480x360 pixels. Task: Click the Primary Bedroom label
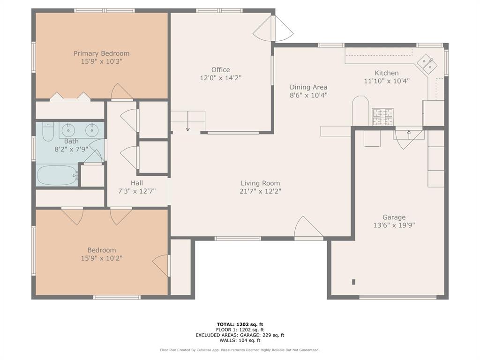pyautogui.click(x=101, y=53)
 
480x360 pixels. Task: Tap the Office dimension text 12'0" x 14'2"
pyautogui.click(x=220, y=78)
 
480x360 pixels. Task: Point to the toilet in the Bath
pyautogui.click(x=48, y=132)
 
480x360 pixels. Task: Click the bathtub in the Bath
pyautogui.click(x=57, y=175)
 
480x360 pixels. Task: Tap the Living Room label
pyautogui.click(x=260, y=183)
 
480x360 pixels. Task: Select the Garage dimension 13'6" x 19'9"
pyautogui.click(x=393, y=225)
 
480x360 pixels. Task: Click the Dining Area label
pyautogui.click(x=308, y=87)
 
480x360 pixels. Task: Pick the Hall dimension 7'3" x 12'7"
pyautogui.click(x=137, y=191)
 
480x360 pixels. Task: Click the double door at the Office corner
pyautogui.click(x=273, y=29)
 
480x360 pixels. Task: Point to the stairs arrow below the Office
pyautogui.click(x=187, y=123)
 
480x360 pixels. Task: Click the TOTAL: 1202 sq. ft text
pyautogui.click(x=240, y=324)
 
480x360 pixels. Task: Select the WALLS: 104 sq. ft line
pyautogui.click(x=240, y=340)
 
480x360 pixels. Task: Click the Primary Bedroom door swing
pyautogui.click(x=121, y=92)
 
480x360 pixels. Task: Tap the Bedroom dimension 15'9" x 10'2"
pyautogui.click(x=101, y=258)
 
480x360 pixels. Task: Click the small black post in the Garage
pyautogui.click(x=353, y=282)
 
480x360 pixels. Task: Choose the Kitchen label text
pyautogui.click(x=386, y=73)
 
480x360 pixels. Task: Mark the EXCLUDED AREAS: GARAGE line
pyautogui.click(x=240, y=335)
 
